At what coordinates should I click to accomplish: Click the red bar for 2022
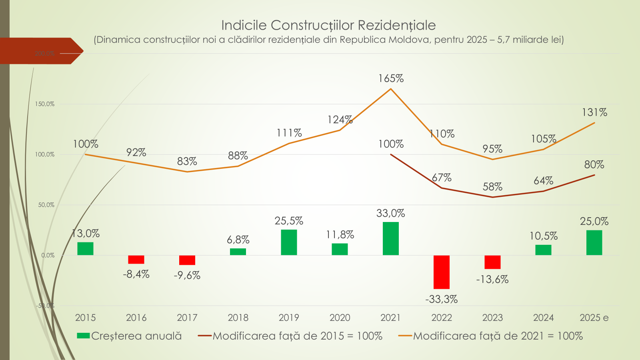coord(441,272)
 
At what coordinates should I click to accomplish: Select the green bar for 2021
coord(390,238)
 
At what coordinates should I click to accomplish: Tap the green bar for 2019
coord(289,242)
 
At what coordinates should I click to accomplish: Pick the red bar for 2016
coord(136,260)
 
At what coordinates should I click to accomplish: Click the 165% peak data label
coord(391,79)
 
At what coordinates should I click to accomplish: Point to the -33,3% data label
coord(441,299)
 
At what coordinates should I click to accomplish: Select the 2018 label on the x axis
coord(238,318)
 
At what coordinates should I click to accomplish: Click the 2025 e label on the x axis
coord(594,318)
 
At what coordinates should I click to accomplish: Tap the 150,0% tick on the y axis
coord(45,104)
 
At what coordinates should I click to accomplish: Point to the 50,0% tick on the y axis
coord(46,205)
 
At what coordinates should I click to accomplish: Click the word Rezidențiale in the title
coord(396,25)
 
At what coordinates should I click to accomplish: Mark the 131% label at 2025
coord(594,113)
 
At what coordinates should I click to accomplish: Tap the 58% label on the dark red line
coord(492,187)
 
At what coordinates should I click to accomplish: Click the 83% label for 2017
coord(187,162)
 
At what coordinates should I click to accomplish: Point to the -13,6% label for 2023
coord(492,280)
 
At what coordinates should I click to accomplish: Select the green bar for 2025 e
coord(594,242)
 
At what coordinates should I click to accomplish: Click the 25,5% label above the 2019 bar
coord(289,221)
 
